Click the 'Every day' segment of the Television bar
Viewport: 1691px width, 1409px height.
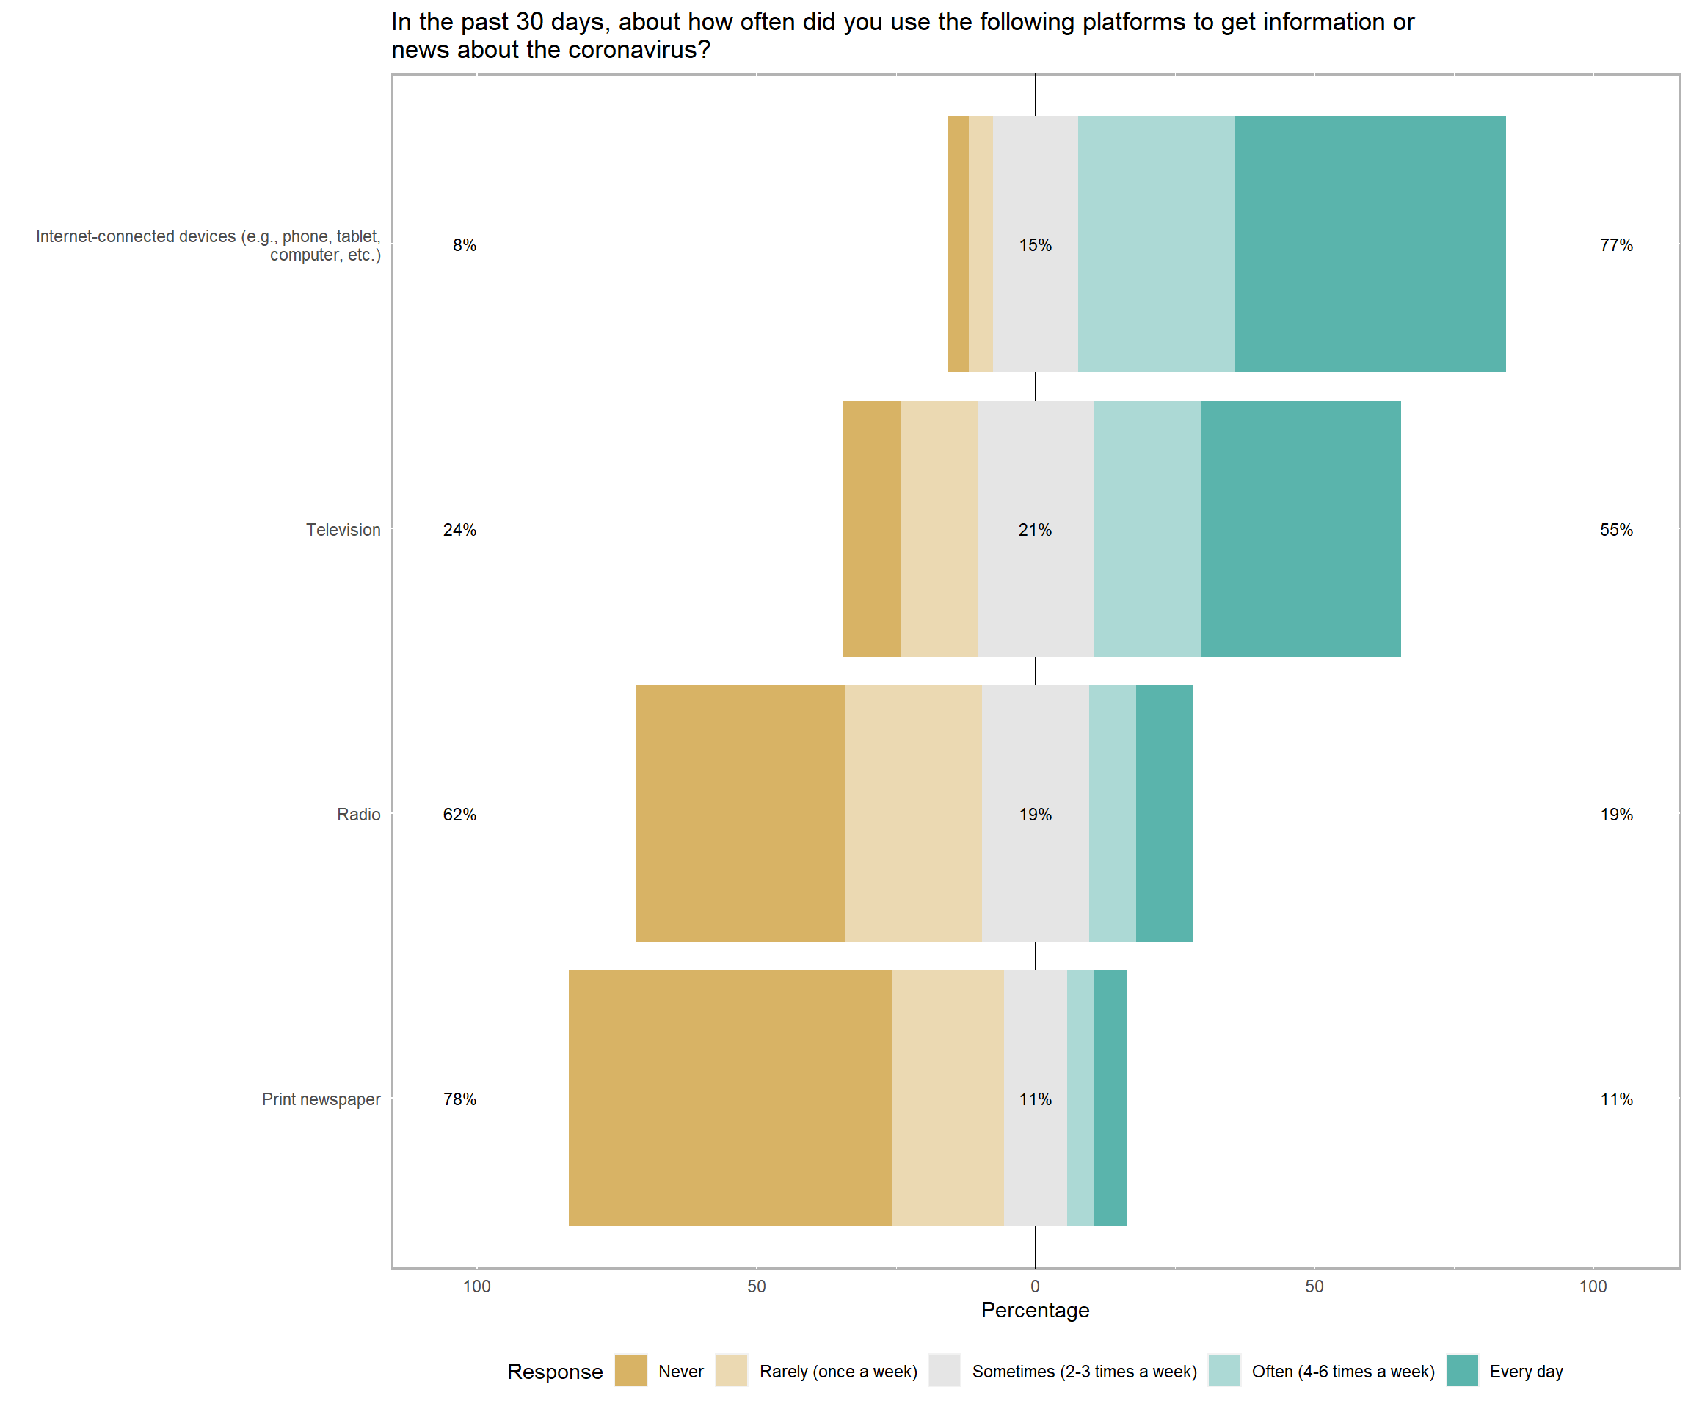(1301, 528)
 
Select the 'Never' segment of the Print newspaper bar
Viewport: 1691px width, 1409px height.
(730, 1099)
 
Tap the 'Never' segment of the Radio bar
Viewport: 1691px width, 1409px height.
(740, 813)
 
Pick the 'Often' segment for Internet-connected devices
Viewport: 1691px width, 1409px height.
(1156, 244)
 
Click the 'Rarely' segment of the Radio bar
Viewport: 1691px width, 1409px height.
(913, 813)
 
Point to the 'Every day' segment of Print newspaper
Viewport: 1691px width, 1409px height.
(1110, 1099)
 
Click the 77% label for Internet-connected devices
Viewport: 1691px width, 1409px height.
(1615, 245)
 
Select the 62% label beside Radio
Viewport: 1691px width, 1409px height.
(459, 814)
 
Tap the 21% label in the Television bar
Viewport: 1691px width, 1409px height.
(1035, 530)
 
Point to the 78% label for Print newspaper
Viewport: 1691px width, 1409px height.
(459, 1099)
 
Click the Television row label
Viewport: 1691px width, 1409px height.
(343, 530)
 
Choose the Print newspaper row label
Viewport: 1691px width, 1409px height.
(321, 1099)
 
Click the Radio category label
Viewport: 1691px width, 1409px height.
(358, 814)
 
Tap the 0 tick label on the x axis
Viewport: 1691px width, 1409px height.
(1035, 1286)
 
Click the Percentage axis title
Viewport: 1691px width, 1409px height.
(1035, 1310)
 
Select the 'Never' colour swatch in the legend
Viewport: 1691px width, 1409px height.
(630, 1370)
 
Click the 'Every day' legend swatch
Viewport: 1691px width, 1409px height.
(1461, 1370)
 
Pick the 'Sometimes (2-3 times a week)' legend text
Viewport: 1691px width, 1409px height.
(1084, 1371)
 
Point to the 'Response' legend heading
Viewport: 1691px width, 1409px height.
(555, 1371)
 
